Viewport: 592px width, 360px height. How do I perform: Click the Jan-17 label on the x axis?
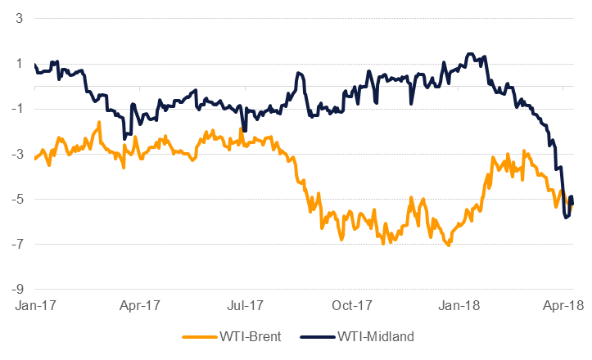(35, 305)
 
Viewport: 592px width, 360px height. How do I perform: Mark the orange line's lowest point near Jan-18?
(448, 245)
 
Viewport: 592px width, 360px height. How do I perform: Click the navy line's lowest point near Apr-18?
(566, 218)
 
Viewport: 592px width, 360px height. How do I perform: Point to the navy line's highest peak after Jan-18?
(469, 54)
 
